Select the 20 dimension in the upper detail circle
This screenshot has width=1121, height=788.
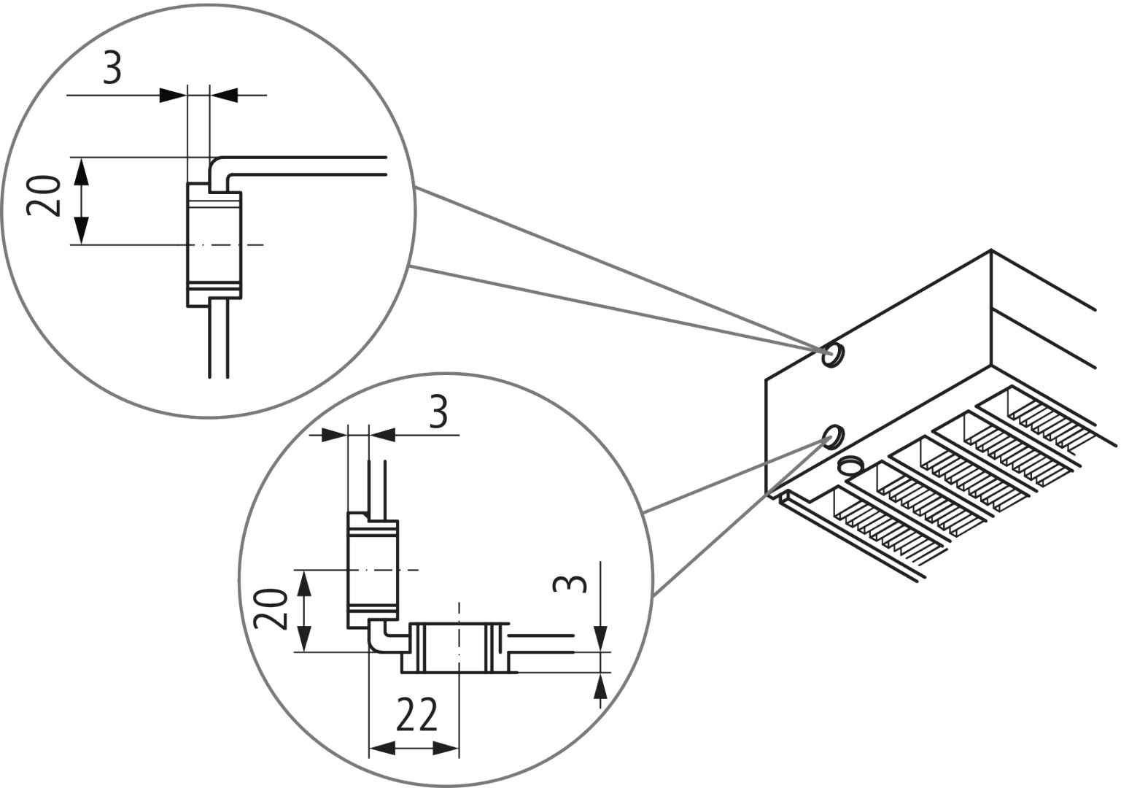pos(44,197)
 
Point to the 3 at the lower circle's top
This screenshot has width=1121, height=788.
pos(437,414)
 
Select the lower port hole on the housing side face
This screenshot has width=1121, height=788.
pos(832,436)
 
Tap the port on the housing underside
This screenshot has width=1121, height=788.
pos(850,466)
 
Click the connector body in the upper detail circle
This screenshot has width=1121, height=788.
pos(214,244)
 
